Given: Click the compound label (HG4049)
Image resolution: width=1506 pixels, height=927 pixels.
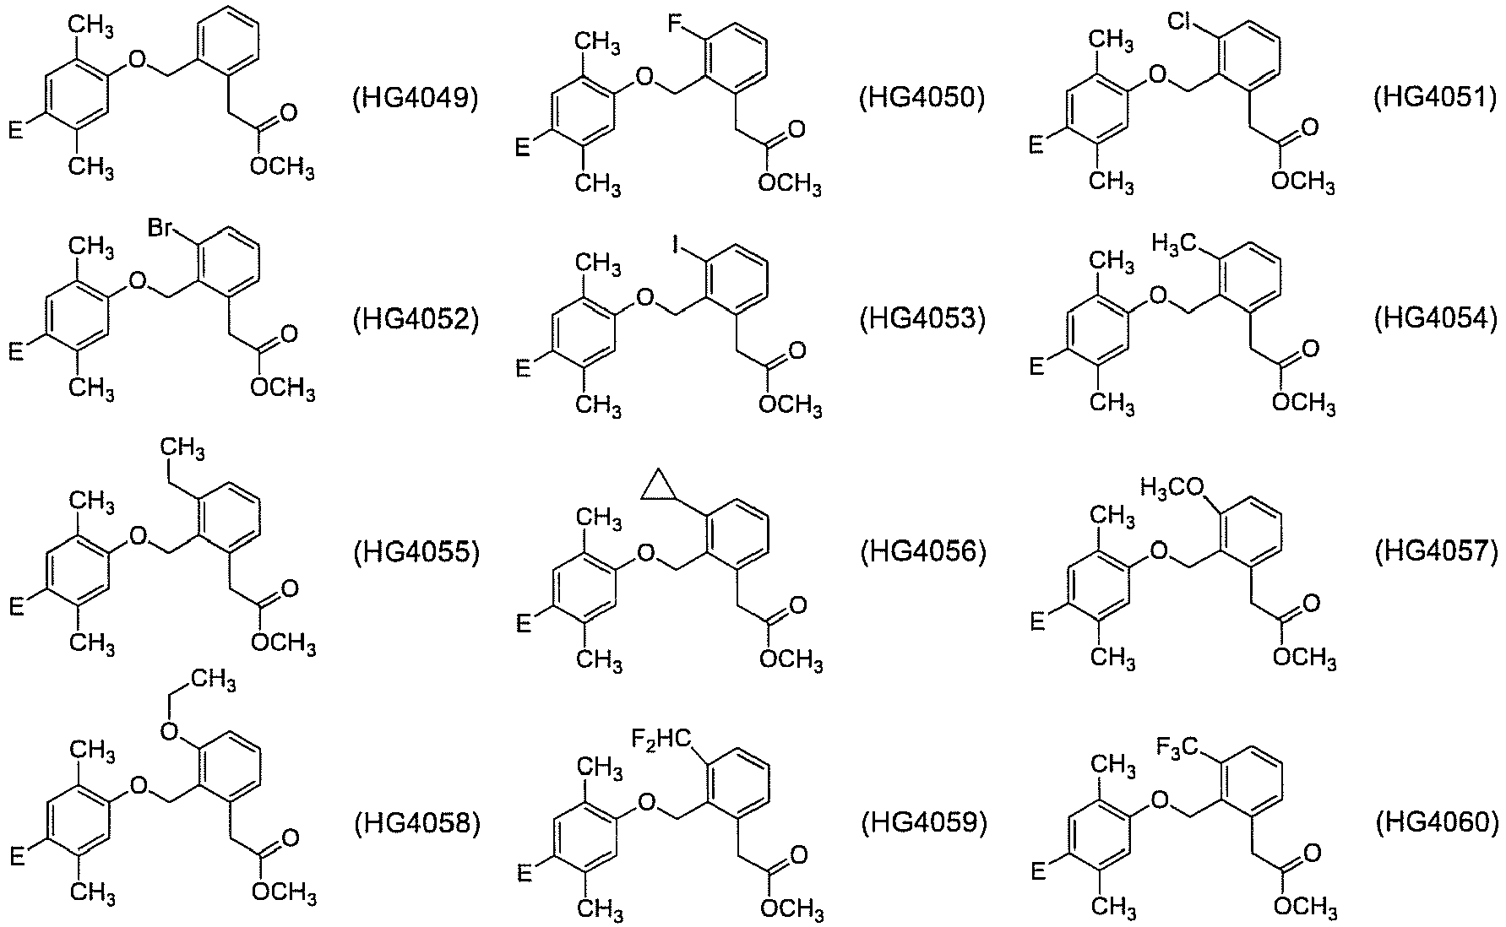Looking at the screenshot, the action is [415, 99].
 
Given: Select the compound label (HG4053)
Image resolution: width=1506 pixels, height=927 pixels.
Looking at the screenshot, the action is [923, 320].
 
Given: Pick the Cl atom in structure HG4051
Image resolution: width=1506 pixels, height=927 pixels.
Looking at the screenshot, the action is [1183, 24].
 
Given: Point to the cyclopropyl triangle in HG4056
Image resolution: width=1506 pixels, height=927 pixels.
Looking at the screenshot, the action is [659, 487].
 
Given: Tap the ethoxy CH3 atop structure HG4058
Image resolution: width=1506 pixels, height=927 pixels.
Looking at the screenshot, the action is [212, 680].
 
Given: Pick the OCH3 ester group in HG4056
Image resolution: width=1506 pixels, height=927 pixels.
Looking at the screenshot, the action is [791, 659].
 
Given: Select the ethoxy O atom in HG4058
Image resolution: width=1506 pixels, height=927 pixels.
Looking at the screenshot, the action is [170, 731].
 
